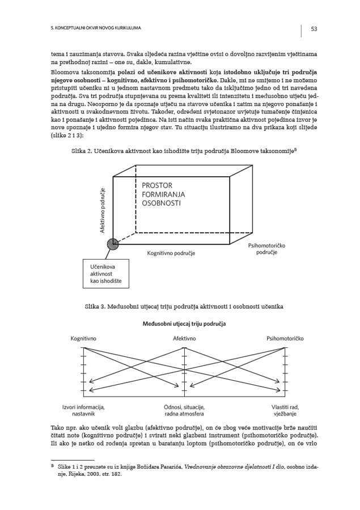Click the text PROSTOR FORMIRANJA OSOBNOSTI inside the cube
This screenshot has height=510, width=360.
(x=163, y=194)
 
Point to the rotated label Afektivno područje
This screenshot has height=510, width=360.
(x=103, y=210)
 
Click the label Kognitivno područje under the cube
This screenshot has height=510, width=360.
(x=171, y=253)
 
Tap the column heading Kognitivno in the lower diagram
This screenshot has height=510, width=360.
(x=83, y=338)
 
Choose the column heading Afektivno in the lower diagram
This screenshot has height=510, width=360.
(x=184, y=338)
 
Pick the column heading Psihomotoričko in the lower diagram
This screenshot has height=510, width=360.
(x=285, y=338)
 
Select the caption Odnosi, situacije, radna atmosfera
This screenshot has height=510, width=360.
(x=184, y=411)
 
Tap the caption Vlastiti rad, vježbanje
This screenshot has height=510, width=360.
(x=285, y=411)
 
